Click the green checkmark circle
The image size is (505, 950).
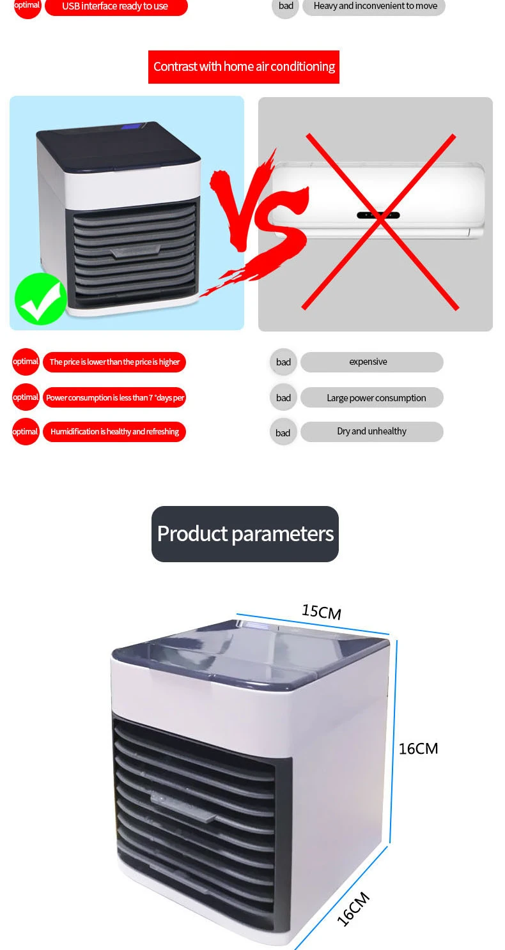tap(41, 299)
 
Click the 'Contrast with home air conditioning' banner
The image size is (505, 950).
tap(244, 67)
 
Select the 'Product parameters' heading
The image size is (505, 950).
tap(245, 533)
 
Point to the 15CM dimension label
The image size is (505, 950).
tap(322, 612)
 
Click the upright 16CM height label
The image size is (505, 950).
tap(418, 749)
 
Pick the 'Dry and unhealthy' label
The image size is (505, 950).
tap(372, 431)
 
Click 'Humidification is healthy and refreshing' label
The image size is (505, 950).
tap(114, 432)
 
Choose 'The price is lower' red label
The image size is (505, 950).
tap(114, 362)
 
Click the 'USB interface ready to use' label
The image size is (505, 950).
tap(116, 6)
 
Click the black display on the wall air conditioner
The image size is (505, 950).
tap(378, 215)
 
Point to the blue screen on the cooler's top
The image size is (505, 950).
tap(132, 126)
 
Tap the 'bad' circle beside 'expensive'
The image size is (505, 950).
tap(283, 362)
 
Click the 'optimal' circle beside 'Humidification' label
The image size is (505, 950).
tap(26, 432)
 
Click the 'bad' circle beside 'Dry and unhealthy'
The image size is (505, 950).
tap(283, 433)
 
